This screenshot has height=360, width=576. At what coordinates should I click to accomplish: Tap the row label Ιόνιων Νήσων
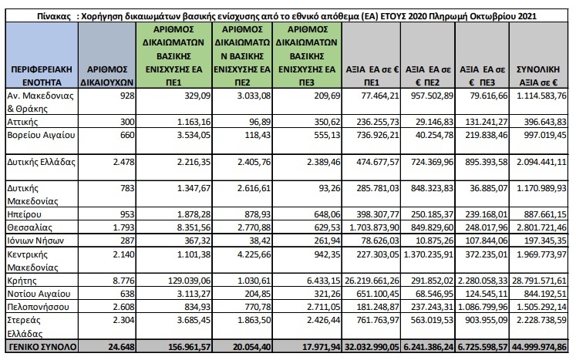coord(34,241)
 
